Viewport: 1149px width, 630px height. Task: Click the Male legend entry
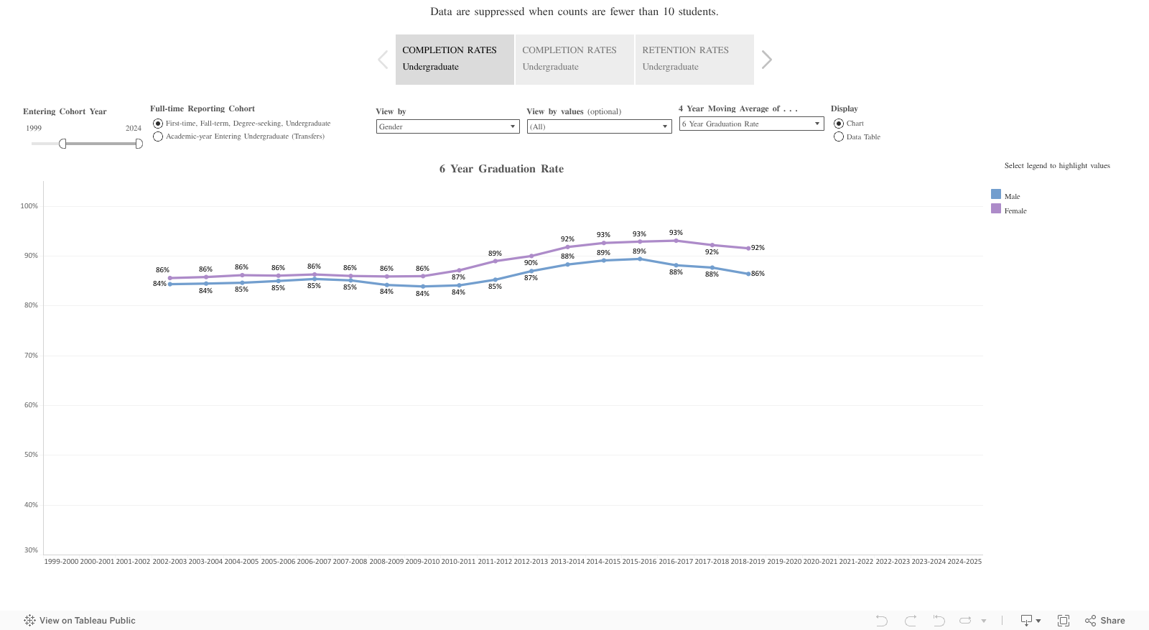(1011, 196)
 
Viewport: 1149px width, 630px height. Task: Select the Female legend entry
(1015, 210)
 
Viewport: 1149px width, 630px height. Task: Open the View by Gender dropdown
(447, 126)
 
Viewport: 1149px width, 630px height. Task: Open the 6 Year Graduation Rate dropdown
(751, 124)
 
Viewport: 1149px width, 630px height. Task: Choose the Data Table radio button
(839, 136)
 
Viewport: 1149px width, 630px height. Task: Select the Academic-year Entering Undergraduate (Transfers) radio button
(158, 136)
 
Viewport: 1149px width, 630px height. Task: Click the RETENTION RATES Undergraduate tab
(694, 59)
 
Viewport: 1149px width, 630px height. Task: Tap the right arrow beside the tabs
(766, 60)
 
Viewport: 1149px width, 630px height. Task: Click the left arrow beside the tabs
(383, 60)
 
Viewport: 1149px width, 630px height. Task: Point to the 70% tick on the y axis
(31, 356)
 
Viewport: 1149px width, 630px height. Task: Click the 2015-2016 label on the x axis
(639, 562)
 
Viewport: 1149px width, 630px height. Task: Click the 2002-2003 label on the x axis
(169, 562)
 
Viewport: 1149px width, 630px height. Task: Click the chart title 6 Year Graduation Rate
(501, 169)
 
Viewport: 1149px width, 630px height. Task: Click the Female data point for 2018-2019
(748, 249)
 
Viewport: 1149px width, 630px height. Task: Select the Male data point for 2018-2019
(748, 274)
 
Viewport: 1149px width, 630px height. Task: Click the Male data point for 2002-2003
(170, 284)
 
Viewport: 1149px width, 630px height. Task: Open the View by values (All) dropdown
(598, 126)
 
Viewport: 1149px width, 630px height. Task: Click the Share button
(1105, 621)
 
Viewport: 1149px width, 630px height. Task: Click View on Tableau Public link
(80, 621)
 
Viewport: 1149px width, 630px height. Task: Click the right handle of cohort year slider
(139, 144)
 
